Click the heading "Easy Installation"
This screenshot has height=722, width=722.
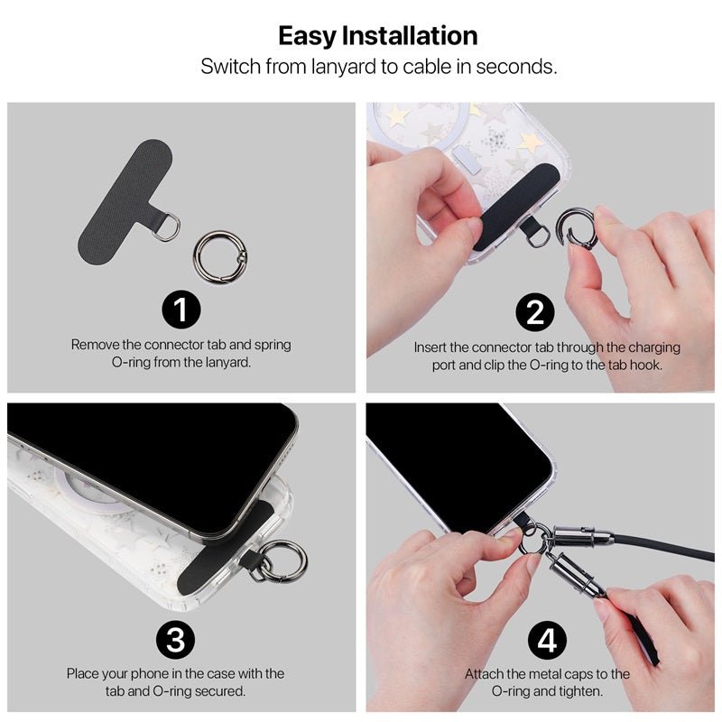[x=378, y=36]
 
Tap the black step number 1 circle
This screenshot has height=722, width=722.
[x=181, y=310]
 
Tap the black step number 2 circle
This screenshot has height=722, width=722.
[x=535, y=312]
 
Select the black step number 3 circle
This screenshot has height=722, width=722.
[x=175, y=640]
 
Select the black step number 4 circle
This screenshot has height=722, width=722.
[x=547, y=641]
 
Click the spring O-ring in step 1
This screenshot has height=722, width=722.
[x=220, y=257]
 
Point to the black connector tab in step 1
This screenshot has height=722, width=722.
[x=125, y=201]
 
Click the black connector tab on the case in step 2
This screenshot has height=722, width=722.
[x=515, y=208]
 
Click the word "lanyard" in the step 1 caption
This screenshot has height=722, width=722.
[x=228, y=363]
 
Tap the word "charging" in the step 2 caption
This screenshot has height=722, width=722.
[x=653, y=347]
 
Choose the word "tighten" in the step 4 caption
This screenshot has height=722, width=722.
[x=580, y=691]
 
